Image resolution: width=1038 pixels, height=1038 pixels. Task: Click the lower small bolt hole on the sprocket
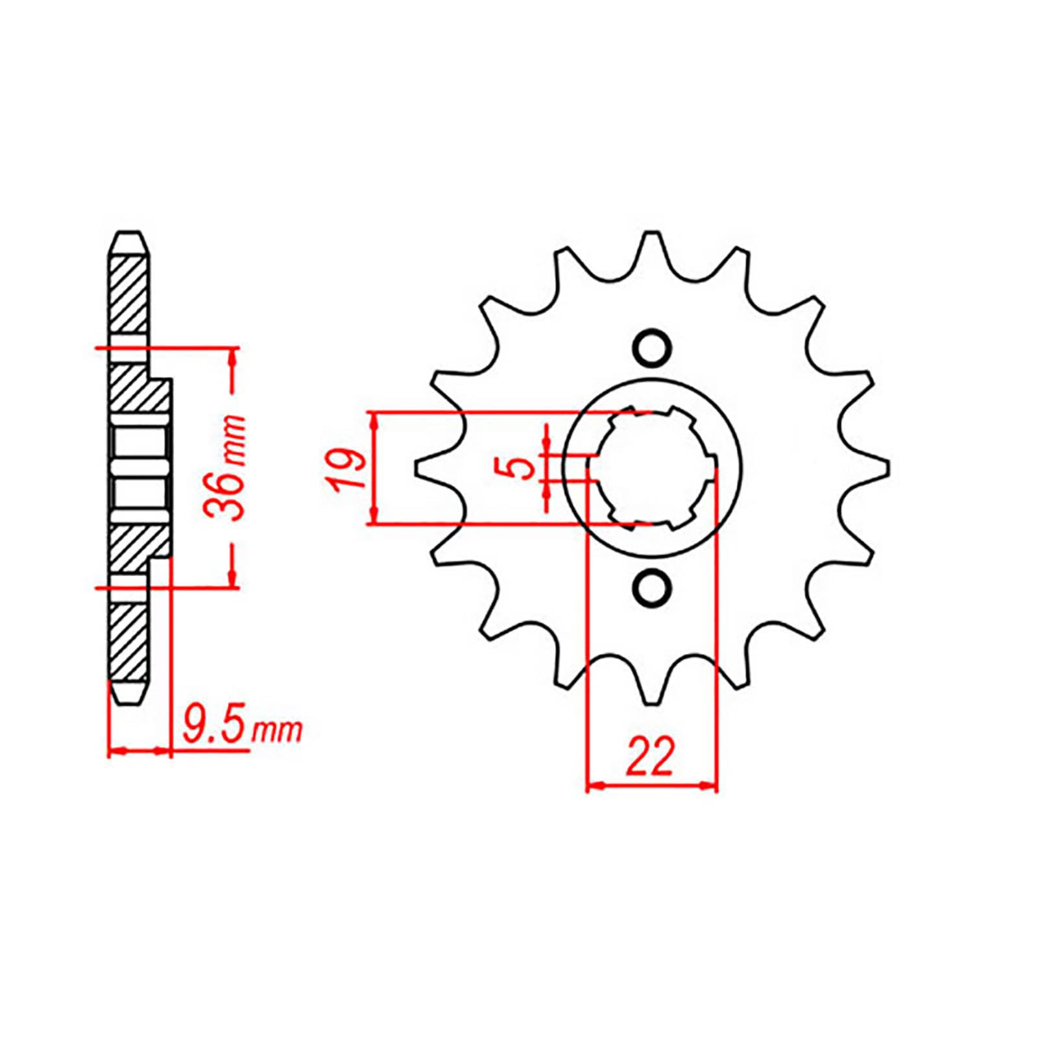(x=651, y=586)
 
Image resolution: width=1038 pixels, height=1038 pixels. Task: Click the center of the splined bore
(x=652, y=467)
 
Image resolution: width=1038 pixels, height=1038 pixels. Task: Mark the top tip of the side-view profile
(x=128, y=235)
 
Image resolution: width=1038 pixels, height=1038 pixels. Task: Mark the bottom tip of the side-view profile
(x=128, y=700)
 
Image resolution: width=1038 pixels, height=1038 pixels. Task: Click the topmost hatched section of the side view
(x=128, y=295)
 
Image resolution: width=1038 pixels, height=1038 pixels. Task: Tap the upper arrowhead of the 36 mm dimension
(x=233, y=356)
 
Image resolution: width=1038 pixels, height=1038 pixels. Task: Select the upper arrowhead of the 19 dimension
(x=374, y=420)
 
